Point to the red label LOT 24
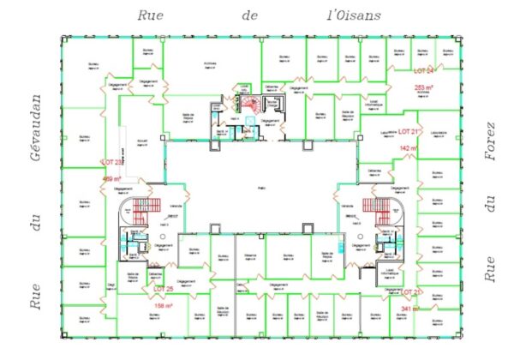click(x=424, y=70)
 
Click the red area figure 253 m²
click(x=424, y=87)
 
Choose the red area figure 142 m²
click(x=409, y=148)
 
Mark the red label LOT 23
click(x=112, y=161)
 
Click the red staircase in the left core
click(x=140, y=207)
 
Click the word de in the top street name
click(x=249, y=15)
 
